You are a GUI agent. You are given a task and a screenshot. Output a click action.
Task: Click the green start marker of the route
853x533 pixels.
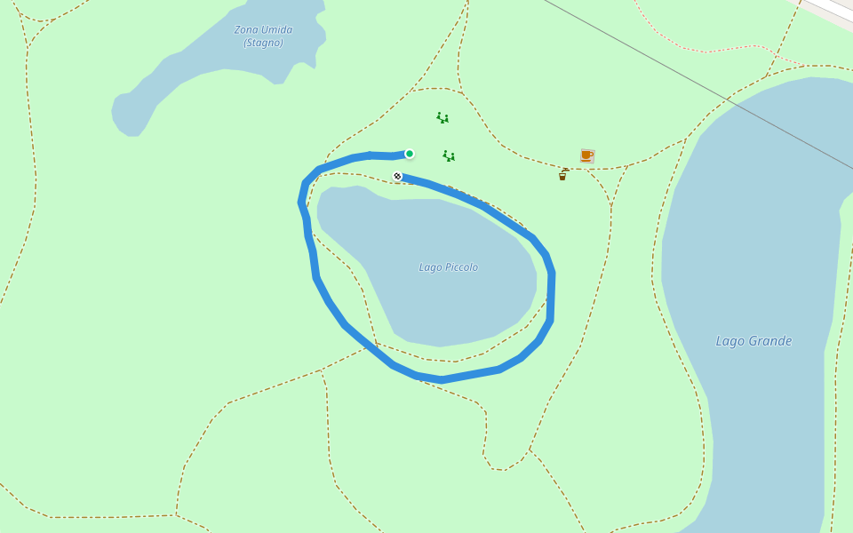point(410,154)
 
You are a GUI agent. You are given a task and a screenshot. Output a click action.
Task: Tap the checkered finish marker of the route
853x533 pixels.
point(397,176)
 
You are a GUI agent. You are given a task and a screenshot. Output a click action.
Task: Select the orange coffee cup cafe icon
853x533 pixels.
point(586,155)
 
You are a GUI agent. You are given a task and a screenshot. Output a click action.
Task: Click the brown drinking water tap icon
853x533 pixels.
point(562,174)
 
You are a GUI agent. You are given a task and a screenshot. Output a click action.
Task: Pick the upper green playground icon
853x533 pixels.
point(442,117)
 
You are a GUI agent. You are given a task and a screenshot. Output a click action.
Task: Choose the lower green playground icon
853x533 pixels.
point(449,156)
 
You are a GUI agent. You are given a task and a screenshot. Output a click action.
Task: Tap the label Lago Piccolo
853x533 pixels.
point(449,267)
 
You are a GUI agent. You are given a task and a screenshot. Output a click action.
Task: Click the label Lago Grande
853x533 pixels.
point(753,341)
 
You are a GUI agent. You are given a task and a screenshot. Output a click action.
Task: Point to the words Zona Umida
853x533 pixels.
point(263,29)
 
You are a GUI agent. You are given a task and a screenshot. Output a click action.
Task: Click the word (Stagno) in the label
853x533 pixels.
point(263,43)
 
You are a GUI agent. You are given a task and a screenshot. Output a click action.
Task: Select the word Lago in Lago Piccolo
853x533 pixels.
point(430,267)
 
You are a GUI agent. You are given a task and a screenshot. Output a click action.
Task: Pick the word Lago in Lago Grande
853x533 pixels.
point(730,341)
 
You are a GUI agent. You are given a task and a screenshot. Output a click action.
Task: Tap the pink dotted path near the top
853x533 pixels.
point(711,50)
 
